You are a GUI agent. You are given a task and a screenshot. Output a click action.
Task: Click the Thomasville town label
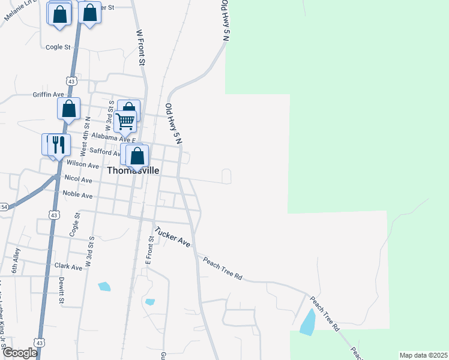(133, 170)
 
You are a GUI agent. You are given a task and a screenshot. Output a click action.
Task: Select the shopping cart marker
(125, 121)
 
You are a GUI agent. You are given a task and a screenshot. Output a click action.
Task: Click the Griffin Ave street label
(48, 95)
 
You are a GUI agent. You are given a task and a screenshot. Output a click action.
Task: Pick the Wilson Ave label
(83, 164)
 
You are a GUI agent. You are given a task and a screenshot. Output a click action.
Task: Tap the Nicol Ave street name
(78, 179)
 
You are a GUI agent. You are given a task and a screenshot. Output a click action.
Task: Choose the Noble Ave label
(78, 196)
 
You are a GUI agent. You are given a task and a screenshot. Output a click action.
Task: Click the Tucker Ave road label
(172, 237)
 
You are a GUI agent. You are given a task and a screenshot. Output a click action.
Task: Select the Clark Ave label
(68, 266)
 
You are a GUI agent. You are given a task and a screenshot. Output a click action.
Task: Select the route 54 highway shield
(3, 207)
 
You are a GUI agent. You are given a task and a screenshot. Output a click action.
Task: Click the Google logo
(19, 352)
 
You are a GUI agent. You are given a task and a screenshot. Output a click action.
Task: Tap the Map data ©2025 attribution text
(423, 355)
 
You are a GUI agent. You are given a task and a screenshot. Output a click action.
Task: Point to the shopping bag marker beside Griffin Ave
(69, 109)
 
